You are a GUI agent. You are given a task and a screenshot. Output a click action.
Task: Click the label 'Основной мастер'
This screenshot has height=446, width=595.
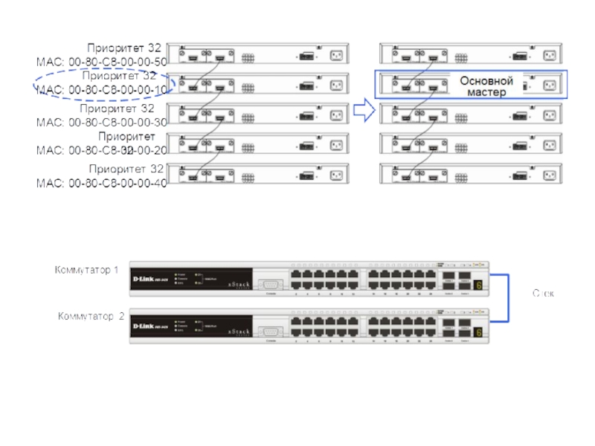(x=486, y=86)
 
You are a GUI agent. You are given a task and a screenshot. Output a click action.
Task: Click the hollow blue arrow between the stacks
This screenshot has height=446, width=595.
(x=363, y=111)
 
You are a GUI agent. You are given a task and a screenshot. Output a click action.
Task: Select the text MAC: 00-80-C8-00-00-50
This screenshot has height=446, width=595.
(x=102, y=62)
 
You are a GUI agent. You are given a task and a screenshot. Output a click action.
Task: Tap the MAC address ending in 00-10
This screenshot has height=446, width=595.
(x=102, y=90)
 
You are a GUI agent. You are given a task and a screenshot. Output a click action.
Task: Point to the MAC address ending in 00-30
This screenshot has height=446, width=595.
(x=102, y=122)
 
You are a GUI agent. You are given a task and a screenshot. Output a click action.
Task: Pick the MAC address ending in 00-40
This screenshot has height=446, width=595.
(x=102, y=183)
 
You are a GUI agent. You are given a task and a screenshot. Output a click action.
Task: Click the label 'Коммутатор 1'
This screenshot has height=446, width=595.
(x=86, y=269)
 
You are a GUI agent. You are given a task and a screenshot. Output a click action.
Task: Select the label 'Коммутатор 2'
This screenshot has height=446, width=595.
(x=91, y=316)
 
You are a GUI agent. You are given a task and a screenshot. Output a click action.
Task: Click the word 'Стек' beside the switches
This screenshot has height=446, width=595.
(x=543, y=294)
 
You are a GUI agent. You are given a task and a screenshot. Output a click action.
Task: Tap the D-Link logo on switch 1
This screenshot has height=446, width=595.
(x=149, y=280)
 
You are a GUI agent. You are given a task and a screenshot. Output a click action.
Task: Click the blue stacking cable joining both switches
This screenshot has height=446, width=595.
(x=507, y=294)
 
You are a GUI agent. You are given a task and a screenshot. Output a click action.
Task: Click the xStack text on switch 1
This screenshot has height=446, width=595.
(x=237, y=284)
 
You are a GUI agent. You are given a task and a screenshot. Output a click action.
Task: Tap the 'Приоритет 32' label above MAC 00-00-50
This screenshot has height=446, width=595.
(x=124, y=48)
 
